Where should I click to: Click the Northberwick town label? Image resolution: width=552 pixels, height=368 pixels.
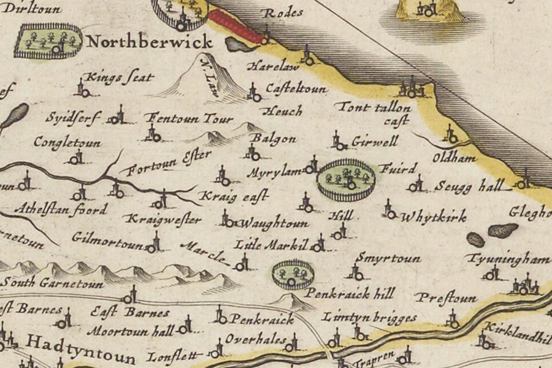[x=149, y=42]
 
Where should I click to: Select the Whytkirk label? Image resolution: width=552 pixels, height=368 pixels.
[x=433, y=217]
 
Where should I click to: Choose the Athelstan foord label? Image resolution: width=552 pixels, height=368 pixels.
[x=64, y=209]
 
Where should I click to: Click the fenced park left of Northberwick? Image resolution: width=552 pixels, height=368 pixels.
[x=48, y=41]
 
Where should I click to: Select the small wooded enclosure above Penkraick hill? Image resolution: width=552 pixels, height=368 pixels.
[x=291, y=274]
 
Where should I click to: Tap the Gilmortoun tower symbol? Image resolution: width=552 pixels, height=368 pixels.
[x=154, y=243]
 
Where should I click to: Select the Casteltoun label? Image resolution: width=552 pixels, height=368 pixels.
[x=296, y=89]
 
